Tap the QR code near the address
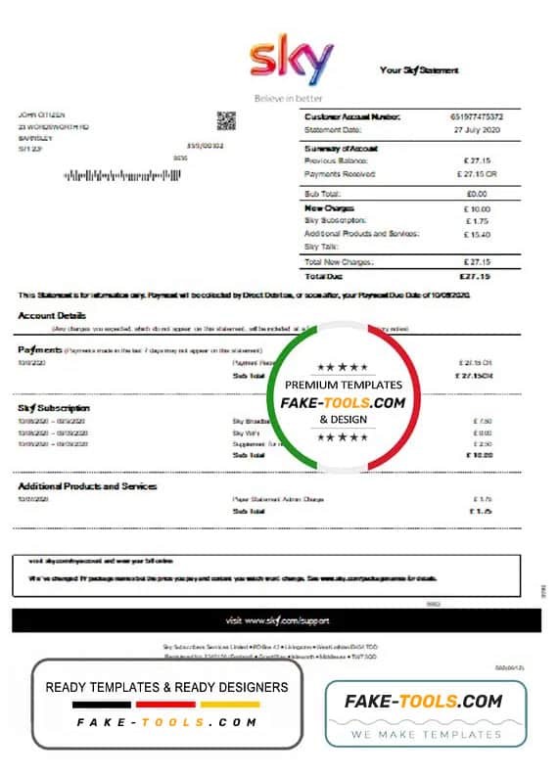point(227,121)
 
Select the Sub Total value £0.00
point(478,194)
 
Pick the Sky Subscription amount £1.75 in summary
point(478,221)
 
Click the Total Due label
point(324,276)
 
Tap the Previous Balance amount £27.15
point(478,160)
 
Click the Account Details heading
point(52,316)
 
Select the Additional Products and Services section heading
point(87,486)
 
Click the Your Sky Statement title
point(419,70)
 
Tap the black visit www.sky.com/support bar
point(276,620)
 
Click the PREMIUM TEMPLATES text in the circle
point(343,386)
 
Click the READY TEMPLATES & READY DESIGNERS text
point(166,687)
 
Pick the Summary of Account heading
point(342,148)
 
